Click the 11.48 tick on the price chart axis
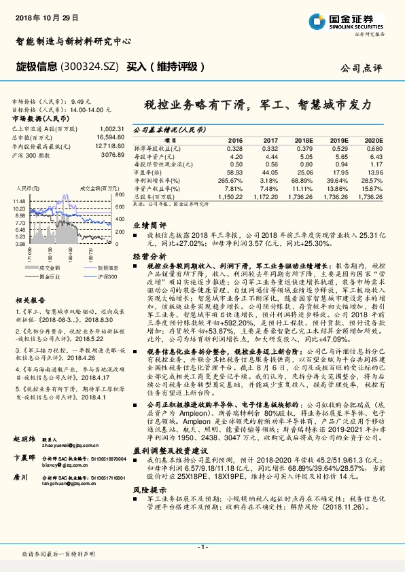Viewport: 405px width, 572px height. click(18, 202)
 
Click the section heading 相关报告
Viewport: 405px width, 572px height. click(31, 300)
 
